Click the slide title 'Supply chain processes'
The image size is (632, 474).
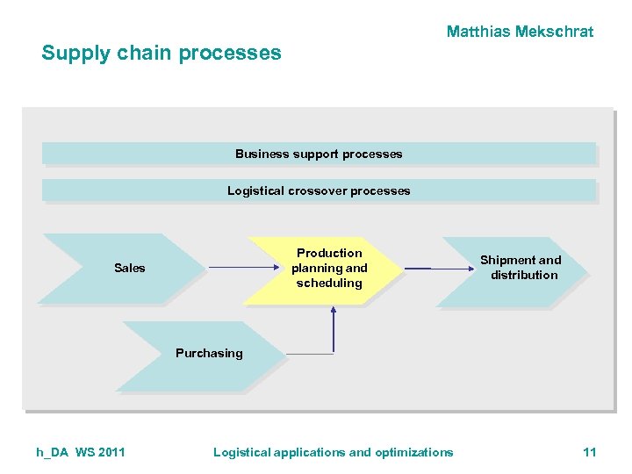pos(162,53)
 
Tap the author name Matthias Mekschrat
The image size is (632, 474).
pos(520,32)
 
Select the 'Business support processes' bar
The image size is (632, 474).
pos(319,154)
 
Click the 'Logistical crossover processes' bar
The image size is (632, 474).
pos(319,190)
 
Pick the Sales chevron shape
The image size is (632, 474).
pos(123,268)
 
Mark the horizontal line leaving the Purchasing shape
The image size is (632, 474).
pos(309,354)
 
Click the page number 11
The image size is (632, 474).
pos(589,452)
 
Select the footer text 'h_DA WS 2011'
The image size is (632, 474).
pos(81,452)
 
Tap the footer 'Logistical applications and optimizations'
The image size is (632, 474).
pos(334,452)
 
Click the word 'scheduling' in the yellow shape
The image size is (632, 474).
pos(329,283)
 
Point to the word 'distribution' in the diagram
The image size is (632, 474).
pos(524,275)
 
